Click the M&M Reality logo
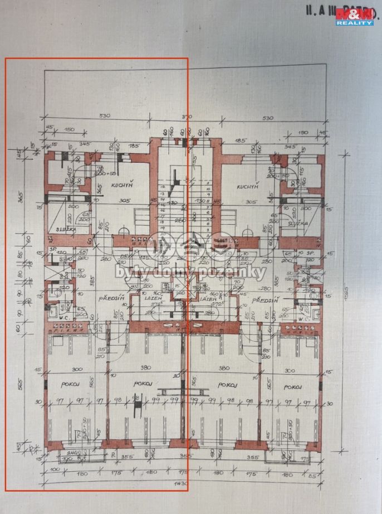click(355, 16)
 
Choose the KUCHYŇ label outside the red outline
click(248, 187)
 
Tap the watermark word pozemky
click(243, 272)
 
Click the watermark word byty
click(128, 272)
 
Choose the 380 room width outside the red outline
click(224, 368)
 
